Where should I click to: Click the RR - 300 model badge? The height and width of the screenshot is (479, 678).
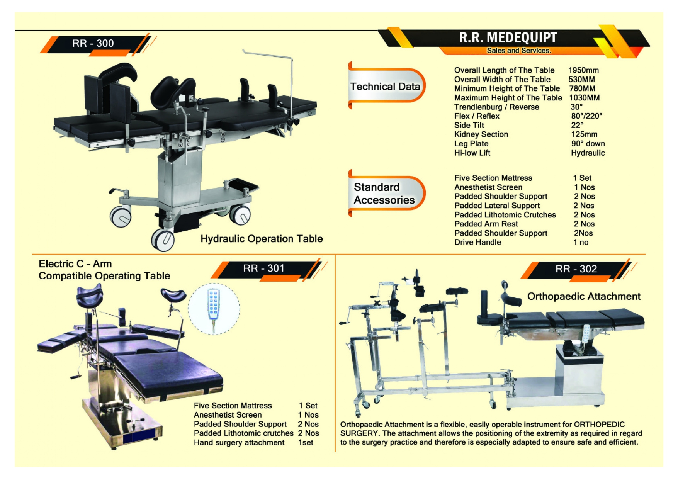93,43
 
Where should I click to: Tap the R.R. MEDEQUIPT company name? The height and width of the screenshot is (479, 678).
508,37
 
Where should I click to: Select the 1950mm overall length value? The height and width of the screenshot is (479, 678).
583,70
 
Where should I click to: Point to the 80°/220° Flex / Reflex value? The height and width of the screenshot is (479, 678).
586,116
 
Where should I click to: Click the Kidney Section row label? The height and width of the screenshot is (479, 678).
481,134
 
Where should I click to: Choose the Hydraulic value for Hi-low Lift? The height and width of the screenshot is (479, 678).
588,153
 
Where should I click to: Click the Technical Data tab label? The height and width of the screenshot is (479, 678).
385,87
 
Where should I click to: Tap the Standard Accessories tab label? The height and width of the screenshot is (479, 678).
384,194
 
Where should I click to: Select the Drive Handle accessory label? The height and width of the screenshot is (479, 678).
477,242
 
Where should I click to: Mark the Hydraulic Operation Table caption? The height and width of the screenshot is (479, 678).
261,239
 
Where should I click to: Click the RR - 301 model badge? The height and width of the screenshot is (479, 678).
263,268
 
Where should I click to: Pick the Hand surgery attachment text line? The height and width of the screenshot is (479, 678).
239,443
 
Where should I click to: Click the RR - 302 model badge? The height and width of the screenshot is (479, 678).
576,269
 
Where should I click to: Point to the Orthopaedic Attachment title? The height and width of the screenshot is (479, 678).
583,296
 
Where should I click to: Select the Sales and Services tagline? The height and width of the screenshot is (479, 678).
518,51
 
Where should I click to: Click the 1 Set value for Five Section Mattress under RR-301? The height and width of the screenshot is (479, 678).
308,406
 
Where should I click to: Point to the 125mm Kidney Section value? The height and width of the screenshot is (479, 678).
584,134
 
